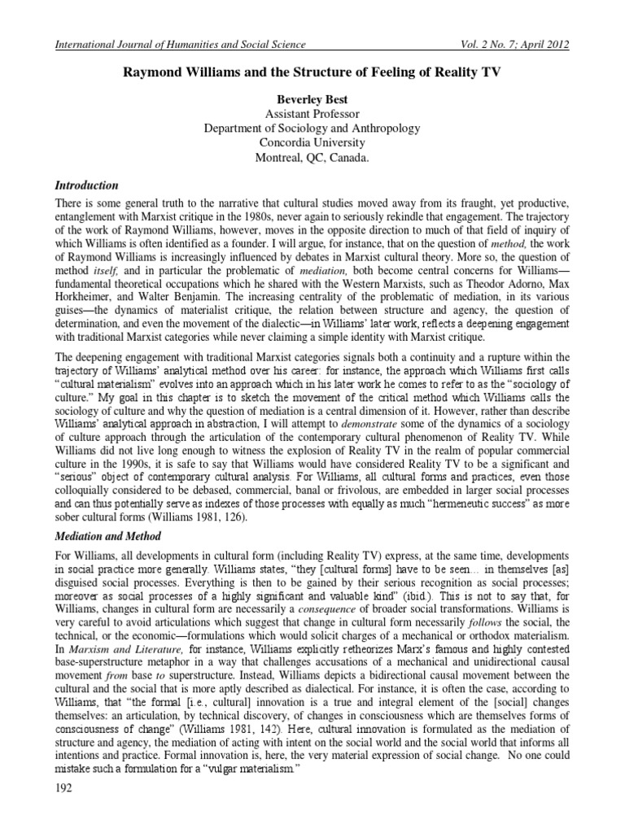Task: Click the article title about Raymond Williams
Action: click(x=312, y=72)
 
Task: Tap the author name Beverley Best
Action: click(x=312, y=98)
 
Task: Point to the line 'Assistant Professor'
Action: click(x=312, y=113)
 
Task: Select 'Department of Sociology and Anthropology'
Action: click(x=312, y=129)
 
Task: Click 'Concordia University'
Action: click(x=312, y=143)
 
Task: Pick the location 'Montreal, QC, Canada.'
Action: click(x=312, y=159)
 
